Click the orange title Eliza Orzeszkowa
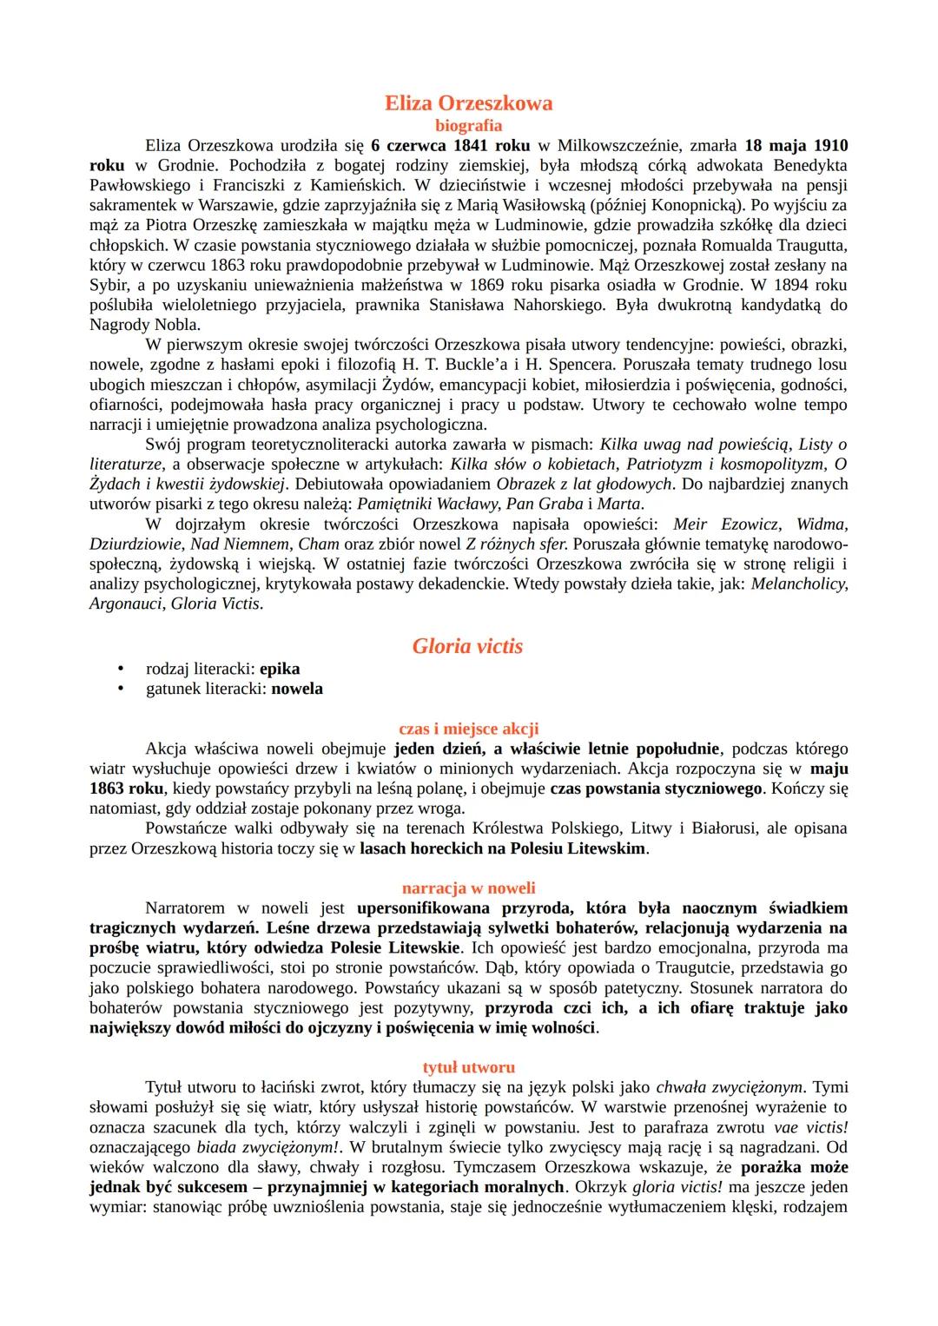468,103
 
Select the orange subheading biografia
468,126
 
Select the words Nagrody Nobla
144,325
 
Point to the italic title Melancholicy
797,584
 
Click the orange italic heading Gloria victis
468,646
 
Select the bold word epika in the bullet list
280,669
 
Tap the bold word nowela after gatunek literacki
297,689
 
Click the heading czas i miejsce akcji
468,729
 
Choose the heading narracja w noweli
468,888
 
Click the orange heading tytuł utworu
468,1067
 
